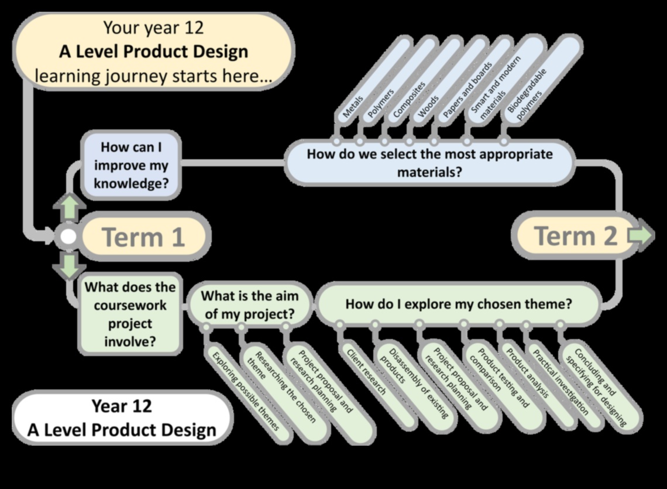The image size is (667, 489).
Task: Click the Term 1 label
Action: (x=144, y=237)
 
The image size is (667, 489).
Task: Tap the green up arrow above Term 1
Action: (x=70, y=206)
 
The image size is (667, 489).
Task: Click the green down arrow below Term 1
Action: (x=70, y=266)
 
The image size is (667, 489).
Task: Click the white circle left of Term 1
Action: (x=68, y=237)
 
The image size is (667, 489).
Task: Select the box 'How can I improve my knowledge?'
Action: (x=131, y=165)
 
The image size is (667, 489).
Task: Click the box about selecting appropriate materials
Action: (x=429, y=163)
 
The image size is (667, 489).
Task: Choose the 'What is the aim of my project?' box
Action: (x=248, y=305)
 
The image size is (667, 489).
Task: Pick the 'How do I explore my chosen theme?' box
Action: (x=458, y=304)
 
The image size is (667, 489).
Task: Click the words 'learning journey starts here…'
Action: (x=153, y=76)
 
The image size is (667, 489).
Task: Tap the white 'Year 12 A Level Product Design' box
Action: (x=122, y=418)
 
